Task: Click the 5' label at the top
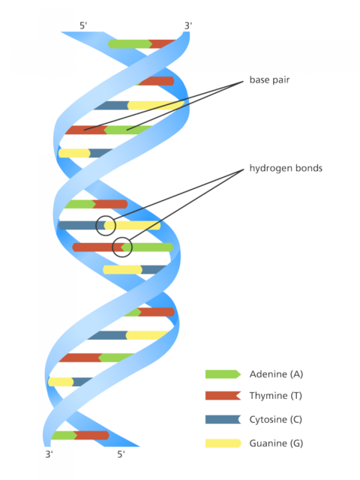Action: coord(83,25)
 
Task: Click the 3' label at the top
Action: coord(188,25)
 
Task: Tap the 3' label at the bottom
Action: coord(49,454)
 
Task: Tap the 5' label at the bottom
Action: coord(121,454)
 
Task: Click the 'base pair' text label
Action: coord(269,80)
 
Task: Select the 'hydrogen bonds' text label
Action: coord(286,168)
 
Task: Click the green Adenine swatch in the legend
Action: coord(223,374)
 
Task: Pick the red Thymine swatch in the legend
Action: coord(223,395)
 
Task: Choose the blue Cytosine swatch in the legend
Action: coord(223,419)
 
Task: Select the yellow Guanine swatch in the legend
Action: coord(223,443)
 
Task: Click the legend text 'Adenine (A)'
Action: coord(276,374)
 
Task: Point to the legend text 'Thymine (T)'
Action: coord(275,396)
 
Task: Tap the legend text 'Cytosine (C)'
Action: coord(275,420)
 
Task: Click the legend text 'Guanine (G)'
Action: coord(276,443)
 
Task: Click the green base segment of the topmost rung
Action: coord(130,44)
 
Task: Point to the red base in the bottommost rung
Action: coord(91,435)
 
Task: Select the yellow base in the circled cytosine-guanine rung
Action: coord(132,226)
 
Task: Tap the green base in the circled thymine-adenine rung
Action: coord(148,247)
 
